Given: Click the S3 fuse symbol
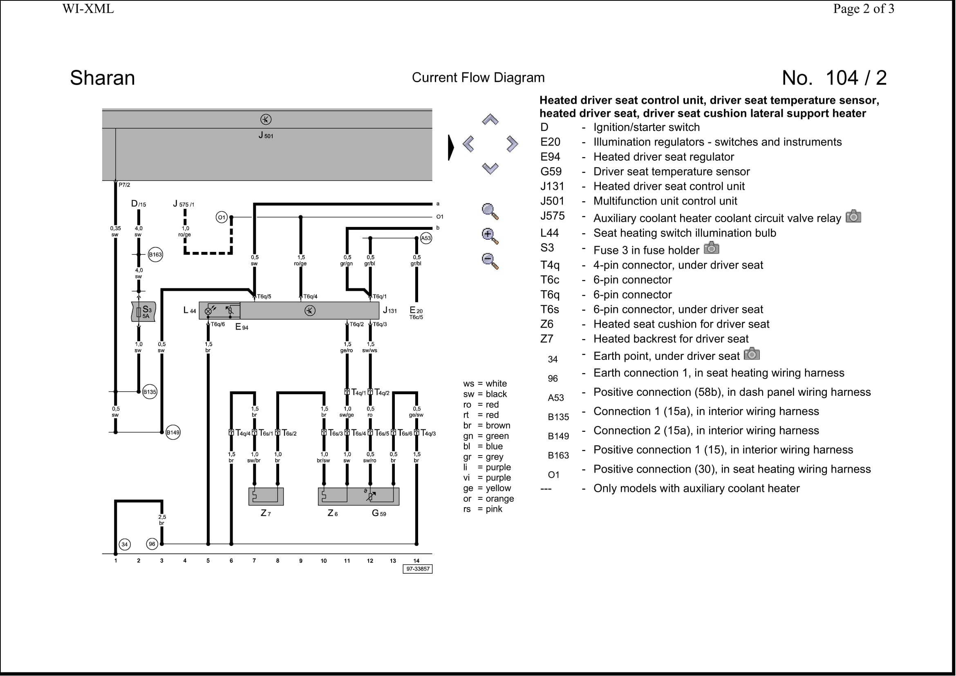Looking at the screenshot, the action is point(143,312).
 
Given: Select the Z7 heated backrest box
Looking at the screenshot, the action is point(266,496).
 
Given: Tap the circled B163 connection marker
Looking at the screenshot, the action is point(155,254).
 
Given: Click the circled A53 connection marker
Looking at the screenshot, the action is point(426,238).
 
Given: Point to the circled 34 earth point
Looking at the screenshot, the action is point(125,544).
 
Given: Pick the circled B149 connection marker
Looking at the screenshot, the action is point(173,432).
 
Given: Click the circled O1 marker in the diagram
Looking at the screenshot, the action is point(222,217).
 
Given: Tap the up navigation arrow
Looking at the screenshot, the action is point(490,120).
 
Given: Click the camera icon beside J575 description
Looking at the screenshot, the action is point(853,216).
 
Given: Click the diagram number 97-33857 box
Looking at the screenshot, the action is point(418,569).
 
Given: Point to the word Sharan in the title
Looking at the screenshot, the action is point(103,78).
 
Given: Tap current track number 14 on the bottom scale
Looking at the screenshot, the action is point(416,561).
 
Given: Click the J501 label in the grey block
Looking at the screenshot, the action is point(266,135).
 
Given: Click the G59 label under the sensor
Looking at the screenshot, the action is point(379,513).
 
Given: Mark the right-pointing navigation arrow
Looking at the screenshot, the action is point(512,144).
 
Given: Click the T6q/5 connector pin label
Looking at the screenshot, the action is point(264,296).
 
